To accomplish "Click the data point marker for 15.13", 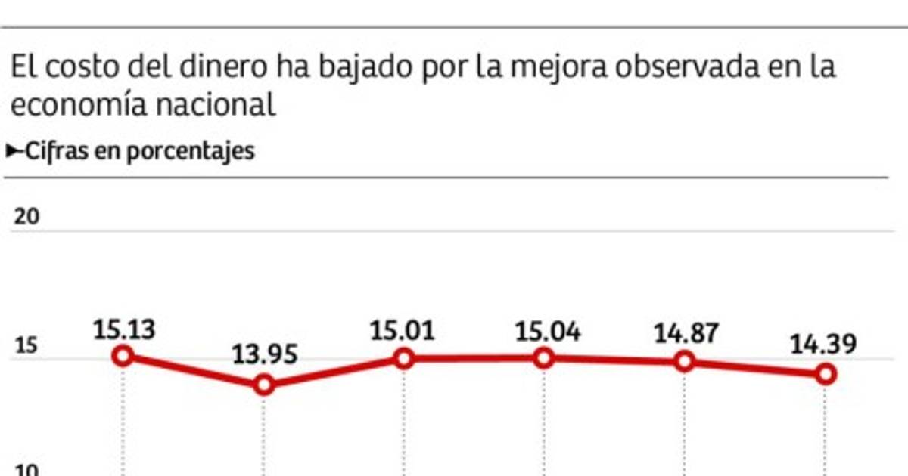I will point(123,356).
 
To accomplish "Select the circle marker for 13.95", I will point(263,385).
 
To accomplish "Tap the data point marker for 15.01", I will point(403,358).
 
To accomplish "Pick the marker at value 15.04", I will point(543,357).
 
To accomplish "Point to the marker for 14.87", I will point(684,361).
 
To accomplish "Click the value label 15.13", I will point(125,329).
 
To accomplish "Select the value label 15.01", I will point(403,331).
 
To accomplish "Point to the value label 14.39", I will point(824,345).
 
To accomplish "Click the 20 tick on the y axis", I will point(27,217).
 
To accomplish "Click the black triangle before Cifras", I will point(14,151).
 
